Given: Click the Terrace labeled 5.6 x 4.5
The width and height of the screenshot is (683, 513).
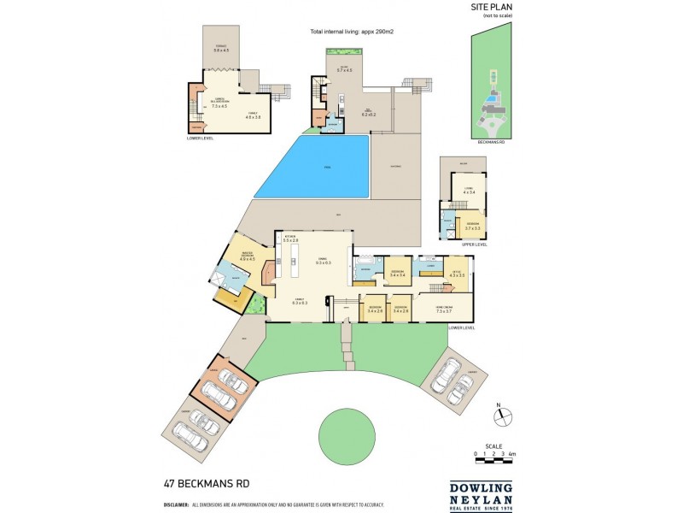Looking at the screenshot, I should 221,50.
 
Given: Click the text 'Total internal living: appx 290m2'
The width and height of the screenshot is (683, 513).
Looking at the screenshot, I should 357,32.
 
